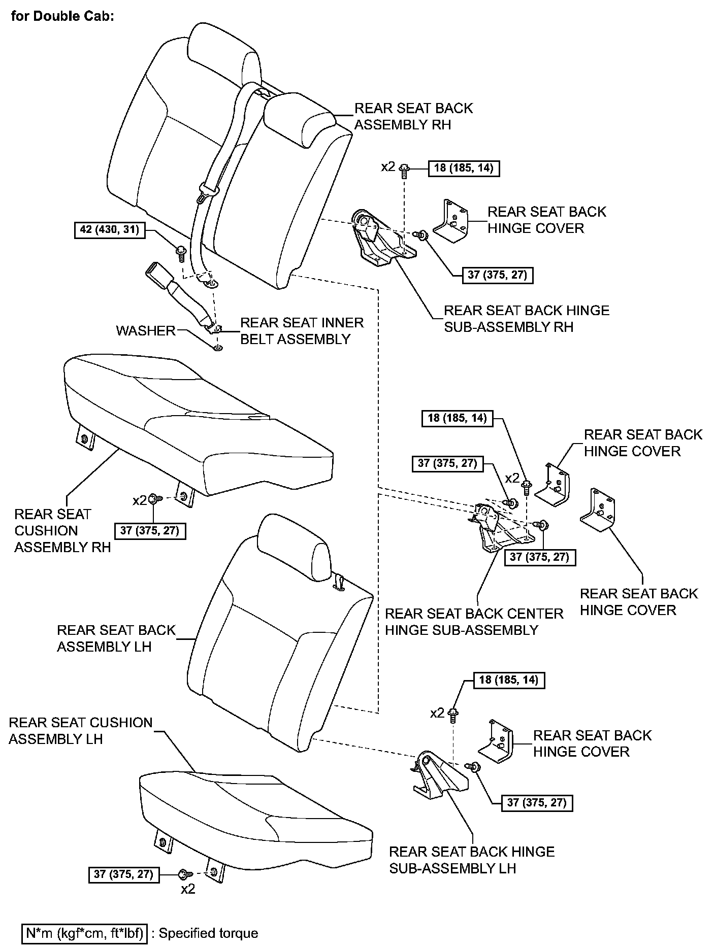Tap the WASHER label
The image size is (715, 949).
coord(145,331)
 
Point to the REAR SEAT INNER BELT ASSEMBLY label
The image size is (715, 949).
coord(302,331)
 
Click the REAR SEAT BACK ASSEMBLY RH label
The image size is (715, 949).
coord(413,116)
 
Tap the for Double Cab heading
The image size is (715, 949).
coord(62,16)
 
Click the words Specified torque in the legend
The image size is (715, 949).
coord(208,933)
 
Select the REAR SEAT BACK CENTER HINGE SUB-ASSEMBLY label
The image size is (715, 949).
coord(474,622)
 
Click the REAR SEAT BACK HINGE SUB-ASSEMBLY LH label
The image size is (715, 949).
coord(472,860)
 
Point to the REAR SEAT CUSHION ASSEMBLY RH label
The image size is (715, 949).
coord(62,531)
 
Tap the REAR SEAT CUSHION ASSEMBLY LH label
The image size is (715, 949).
coord(81,730)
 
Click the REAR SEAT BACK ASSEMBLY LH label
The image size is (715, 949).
coord(116,638)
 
